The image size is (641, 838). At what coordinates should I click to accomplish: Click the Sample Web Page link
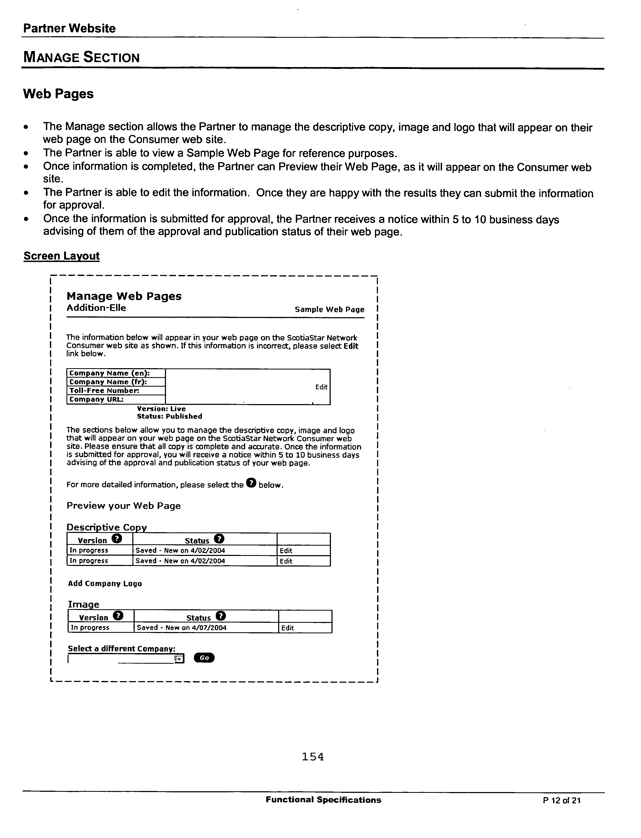click(329, 310)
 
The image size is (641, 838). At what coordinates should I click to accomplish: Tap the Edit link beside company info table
click(321, 387)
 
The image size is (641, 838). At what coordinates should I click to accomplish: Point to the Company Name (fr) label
click(108, 382)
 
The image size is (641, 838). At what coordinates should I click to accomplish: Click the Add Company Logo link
click(105, 583)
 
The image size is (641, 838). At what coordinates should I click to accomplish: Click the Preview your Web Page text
click(124, 506)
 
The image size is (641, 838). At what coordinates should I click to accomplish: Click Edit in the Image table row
click(288, 628)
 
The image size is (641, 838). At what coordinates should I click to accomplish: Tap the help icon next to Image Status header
click(221, 616)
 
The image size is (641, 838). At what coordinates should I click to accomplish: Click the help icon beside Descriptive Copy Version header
click(117, 539)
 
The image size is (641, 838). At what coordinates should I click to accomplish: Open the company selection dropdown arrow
click(179, 659)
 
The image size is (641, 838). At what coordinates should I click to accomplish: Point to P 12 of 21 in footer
click(562, 800)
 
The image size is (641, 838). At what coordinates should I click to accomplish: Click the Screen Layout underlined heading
click(61, 256)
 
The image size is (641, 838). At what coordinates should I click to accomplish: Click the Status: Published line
click(169, 416)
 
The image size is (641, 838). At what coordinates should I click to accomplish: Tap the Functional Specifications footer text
click(323, 800)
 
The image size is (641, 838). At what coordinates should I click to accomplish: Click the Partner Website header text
click(69, 28)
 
